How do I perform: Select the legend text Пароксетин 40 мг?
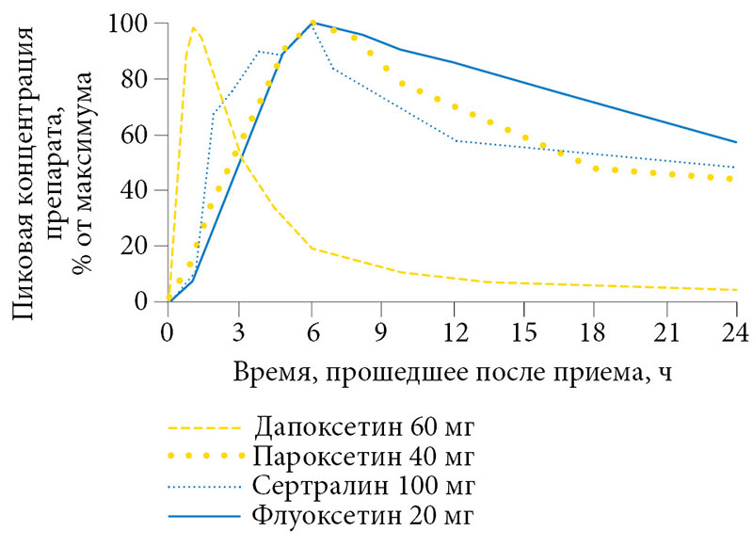[363, 458]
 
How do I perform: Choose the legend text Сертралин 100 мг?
[363, 487]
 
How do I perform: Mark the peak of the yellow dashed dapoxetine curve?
[193, 28]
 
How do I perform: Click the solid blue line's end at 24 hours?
[736, 142]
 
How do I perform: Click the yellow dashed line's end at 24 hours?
[736, 289]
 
